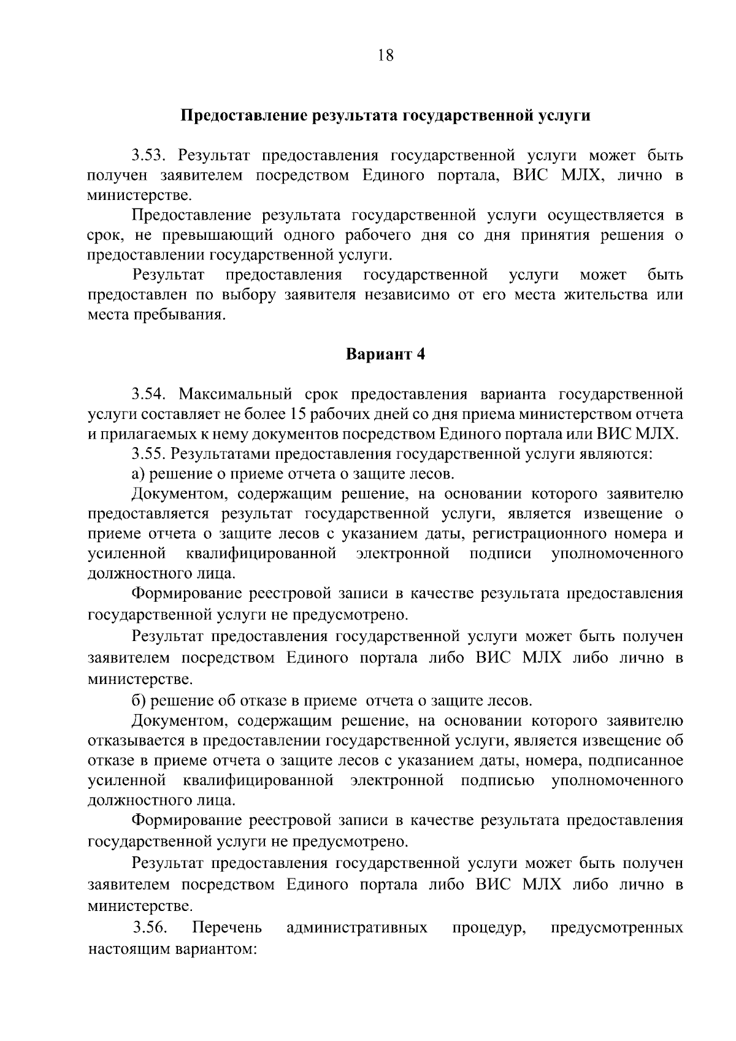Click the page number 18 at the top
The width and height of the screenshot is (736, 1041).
(x=385, y=56)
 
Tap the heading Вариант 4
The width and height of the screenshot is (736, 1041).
(x=385, y=355)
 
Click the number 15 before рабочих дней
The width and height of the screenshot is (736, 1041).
(x=299, y=414)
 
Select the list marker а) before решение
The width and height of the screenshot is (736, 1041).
(x=139, y=474)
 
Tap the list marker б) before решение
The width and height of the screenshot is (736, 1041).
(x=139, y=701)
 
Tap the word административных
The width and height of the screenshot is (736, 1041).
(x=357, y=928)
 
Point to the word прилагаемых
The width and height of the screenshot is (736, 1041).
(x=152, y=434)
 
